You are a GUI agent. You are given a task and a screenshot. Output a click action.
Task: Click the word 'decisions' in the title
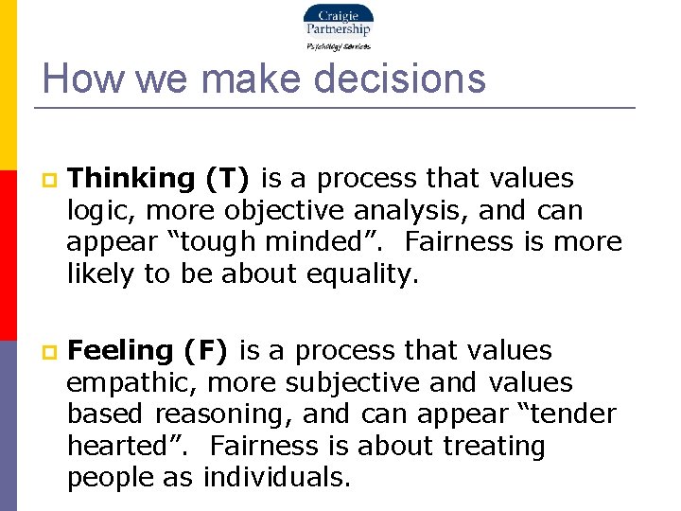(401, 79)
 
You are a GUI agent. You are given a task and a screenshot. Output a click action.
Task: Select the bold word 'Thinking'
(131, 178)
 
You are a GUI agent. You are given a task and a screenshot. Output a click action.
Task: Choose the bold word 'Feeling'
(120, 350)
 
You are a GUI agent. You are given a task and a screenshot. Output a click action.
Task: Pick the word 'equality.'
(367, 274)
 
